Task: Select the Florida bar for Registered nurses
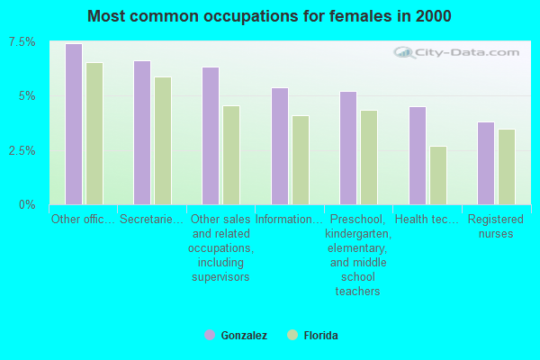click(x=507, y=166)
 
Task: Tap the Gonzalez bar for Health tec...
click(x=418, y=155)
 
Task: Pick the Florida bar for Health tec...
click(x=438, y=175)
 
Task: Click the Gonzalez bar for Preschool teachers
click(x=348, y=148)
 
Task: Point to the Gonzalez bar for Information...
click(x=280, y=146)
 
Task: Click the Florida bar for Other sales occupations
click(x=231, y=155)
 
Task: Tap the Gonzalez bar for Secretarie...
click(x=142, y=132)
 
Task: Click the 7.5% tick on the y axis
click(x=23, y=42)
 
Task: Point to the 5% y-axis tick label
click(x=29, y=96)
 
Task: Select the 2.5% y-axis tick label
click(x=23, y=150)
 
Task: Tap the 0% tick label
click(x=29, y=204)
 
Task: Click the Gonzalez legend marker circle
click(x=210, y=335)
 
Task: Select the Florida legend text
click(x=320, y=336)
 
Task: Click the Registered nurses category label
click(x=496, y=226)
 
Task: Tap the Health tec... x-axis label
click(x=427, y=219)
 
